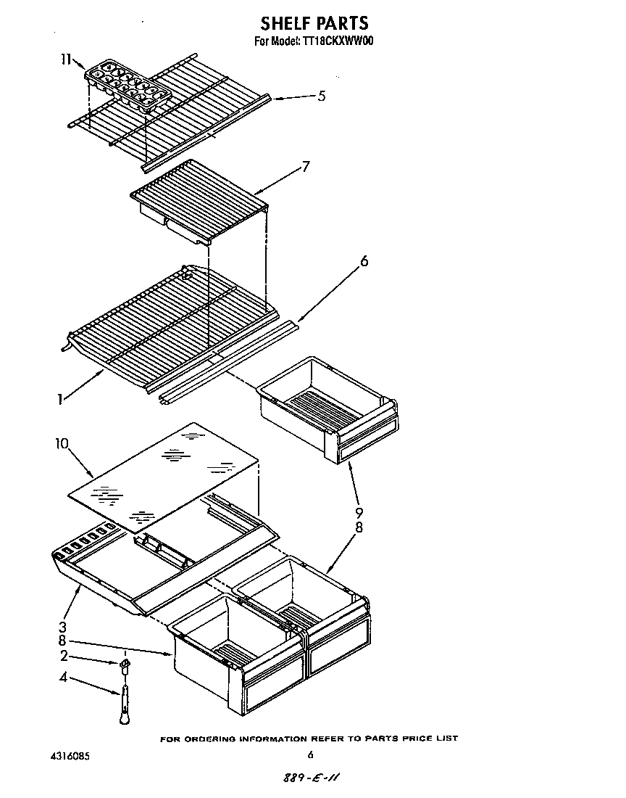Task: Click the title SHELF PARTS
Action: (314, 23)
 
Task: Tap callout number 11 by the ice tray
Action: (65, 60)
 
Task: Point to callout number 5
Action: (321, 95)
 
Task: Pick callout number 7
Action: (306, 167)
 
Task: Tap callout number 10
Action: (61, 442)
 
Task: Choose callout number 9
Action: (358, 514)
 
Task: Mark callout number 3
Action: (63, 627)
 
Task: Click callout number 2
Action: (63, 657)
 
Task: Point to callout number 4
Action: (63, 678)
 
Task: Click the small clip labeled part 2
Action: (125, 664)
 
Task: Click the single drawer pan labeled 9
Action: (326, 410)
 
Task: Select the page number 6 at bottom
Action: (310, 755)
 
